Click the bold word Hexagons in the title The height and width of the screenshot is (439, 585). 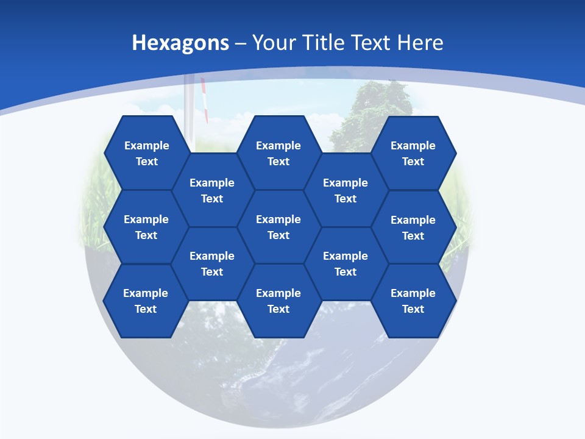(180, 43)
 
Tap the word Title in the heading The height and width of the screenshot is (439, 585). (325, 43)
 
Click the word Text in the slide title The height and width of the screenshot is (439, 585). (372, 43)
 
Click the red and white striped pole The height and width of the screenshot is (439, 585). (204, 101)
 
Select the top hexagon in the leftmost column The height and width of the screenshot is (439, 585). (146, 153)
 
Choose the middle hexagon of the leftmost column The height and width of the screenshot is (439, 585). (146, 227)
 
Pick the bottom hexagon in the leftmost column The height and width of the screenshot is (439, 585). (146, 301)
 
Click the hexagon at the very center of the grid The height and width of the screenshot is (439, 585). (278, 227)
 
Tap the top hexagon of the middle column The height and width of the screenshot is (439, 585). (278, 153)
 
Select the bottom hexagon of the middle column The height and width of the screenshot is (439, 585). (278, 301)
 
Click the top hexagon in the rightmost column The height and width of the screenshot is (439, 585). (413, 153)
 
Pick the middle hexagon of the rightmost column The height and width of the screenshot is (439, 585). (413, 227)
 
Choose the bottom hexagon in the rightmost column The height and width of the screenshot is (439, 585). (413, 301)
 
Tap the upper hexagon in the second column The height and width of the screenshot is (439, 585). (212, 190)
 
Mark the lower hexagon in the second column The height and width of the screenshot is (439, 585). (212, 263)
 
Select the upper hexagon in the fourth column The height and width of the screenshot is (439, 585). (346, 190)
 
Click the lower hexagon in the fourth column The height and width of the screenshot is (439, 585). (346, 263)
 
